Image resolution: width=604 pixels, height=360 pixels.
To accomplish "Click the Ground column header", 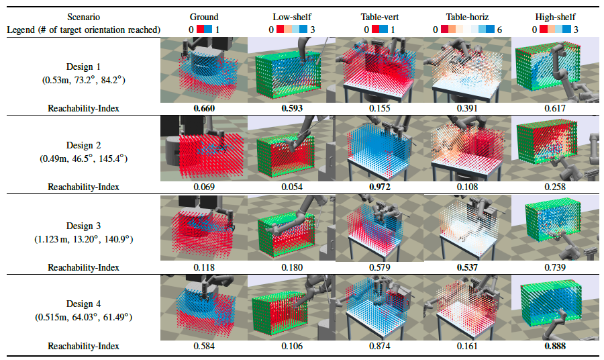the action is tap(204, 17).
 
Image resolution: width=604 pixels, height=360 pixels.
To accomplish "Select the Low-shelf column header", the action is tap(292, 17).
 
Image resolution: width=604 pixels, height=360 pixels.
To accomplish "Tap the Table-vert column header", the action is tap(379, 17).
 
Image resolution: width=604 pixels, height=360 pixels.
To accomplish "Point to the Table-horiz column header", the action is tap(467, 17).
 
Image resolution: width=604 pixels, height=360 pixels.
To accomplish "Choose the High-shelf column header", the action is tap(555, 17).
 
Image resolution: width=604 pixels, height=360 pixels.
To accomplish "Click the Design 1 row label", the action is tap(83, 66).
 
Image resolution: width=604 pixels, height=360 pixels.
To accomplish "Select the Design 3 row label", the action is tap(83, 226).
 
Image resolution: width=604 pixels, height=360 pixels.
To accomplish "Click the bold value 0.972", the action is tap(379, 187).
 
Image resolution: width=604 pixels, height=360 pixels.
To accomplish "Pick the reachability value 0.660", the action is tap(204, 108).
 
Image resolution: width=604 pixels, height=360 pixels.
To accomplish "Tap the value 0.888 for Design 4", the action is tap(555, 346).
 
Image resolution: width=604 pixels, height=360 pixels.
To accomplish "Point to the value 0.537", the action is tap(467, 267).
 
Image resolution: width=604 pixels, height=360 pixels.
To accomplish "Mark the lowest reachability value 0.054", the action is tap(292, 187).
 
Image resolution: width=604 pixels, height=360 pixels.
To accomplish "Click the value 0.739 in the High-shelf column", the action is tap(555, 267).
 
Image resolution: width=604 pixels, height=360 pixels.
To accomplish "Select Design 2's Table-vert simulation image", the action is tap(379, 148).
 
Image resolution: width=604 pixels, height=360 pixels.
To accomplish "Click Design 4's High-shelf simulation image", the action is tap(555, 308).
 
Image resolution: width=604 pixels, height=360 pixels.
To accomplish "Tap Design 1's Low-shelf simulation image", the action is tap(292, 70).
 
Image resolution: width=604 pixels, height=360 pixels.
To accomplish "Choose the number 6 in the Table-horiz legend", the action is tap(499, 30).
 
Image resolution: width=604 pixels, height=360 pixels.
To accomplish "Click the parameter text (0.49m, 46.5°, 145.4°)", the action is tap(83, 159).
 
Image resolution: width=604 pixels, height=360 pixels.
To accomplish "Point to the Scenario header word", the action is tap(84, 17).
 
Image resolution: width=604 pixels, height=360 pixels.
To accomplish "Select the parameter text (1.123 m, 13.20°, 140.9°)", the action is tap(84, 239).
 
